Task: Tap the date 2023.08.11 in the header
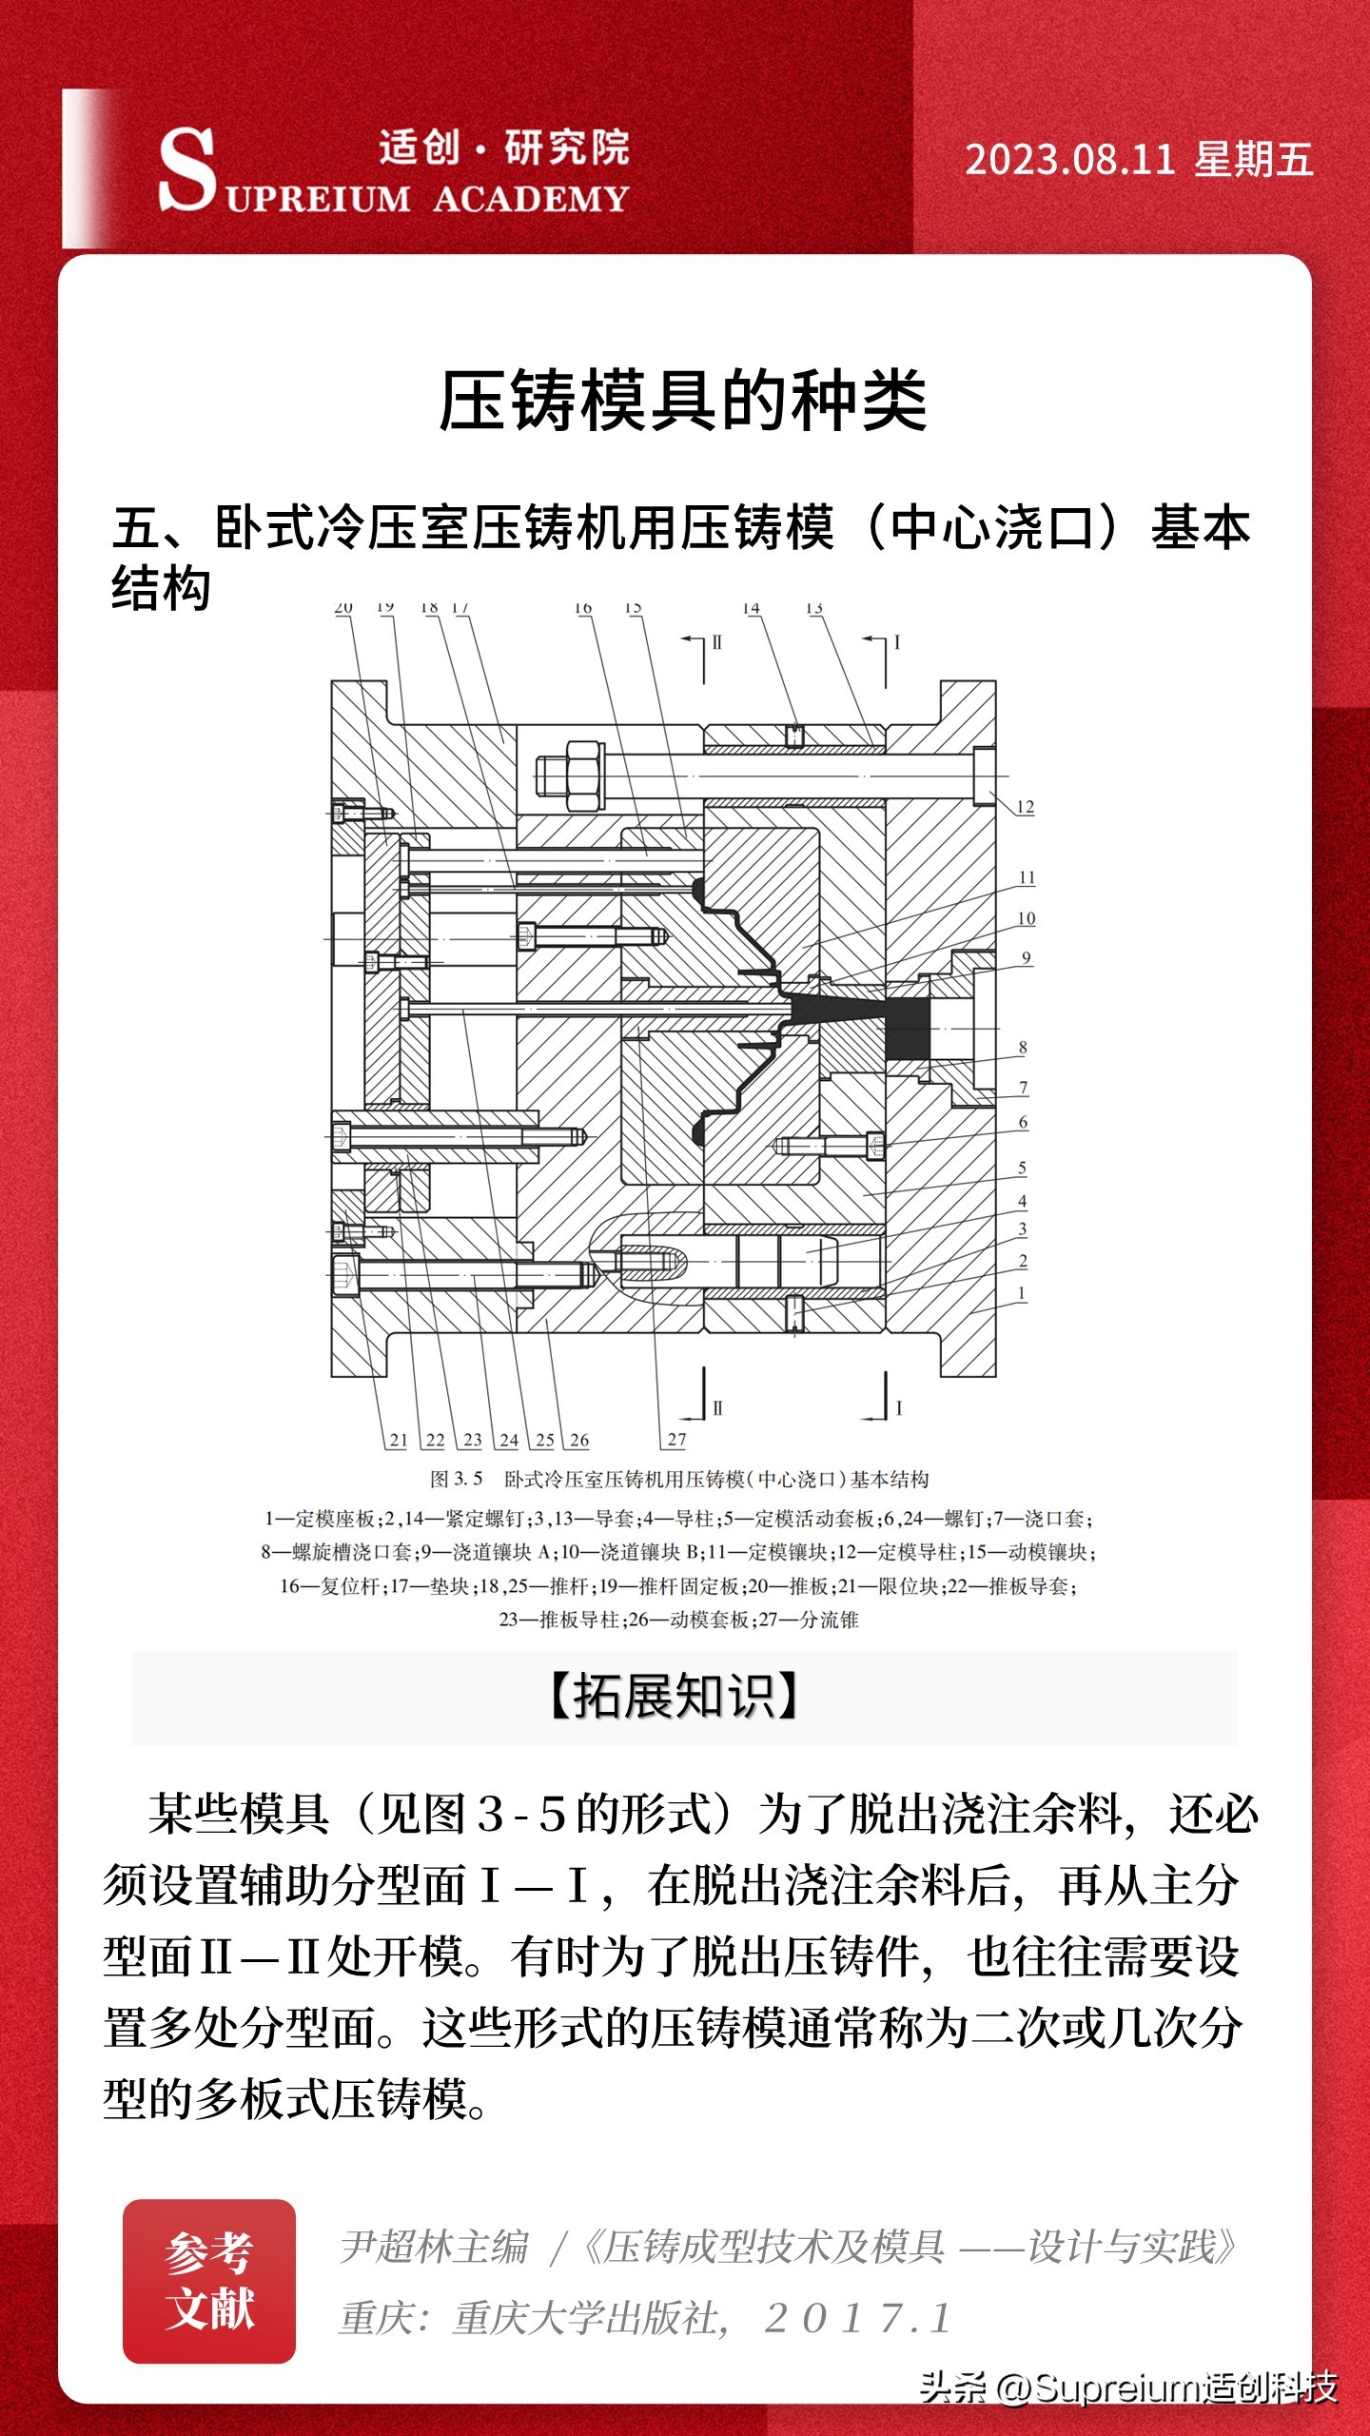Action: point(1069,160)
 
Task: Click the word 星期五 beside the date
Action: point(1254,160)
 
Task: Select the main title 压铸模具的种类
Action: point(683,401)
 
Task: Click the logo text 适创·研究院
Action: point(504,147)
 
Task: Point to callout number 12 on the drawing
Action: point(1025,807)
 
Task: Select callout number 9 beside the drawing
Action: point(1026,958)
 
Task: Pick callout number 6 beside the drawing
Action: point(1023,1123)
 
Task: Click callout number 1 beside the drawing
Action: point(1022,1293)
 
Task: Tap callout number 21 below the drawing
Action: point(399,1440)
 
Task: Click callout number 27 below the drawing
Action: point(676,1440)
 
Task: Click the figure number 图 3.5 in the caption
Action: point(457,1480)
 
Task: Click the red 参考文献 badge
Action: point(209,2281)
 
